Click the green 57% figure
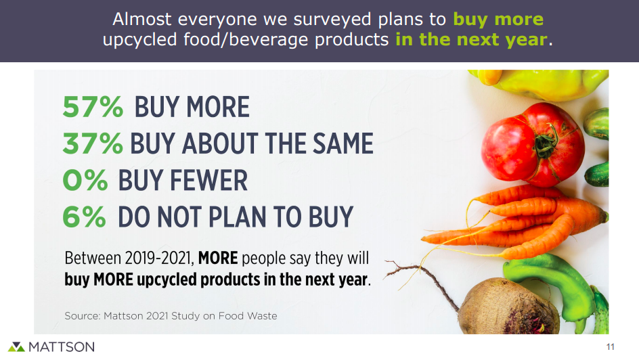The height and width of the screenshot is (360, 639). pos(93,107)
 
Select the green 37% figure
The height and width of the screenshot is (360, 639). pos(93,143)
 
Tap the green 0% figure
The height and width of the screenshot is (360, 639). pos(85,180)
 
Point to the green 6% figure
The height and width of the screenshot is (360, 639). pos(84,217)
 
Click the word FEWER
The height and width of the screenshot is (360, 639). pos(208,181)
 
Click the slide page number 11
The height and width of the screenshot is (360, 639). pos(610,346)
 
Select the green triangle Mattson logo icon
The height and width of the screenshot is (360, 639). pos(16,346)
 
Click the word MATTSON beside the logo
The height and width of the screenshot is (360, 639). pos(62,347)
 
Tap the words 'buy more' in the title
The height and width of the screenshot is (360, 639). pos(498,19)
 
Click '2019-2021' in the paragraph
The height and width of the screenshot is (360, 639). pos(158,258)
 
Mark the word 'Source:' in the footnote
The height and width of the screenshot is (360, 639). pos(83,316)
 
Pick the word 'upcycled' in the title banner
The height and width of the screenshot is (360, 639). pos(139,40)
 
